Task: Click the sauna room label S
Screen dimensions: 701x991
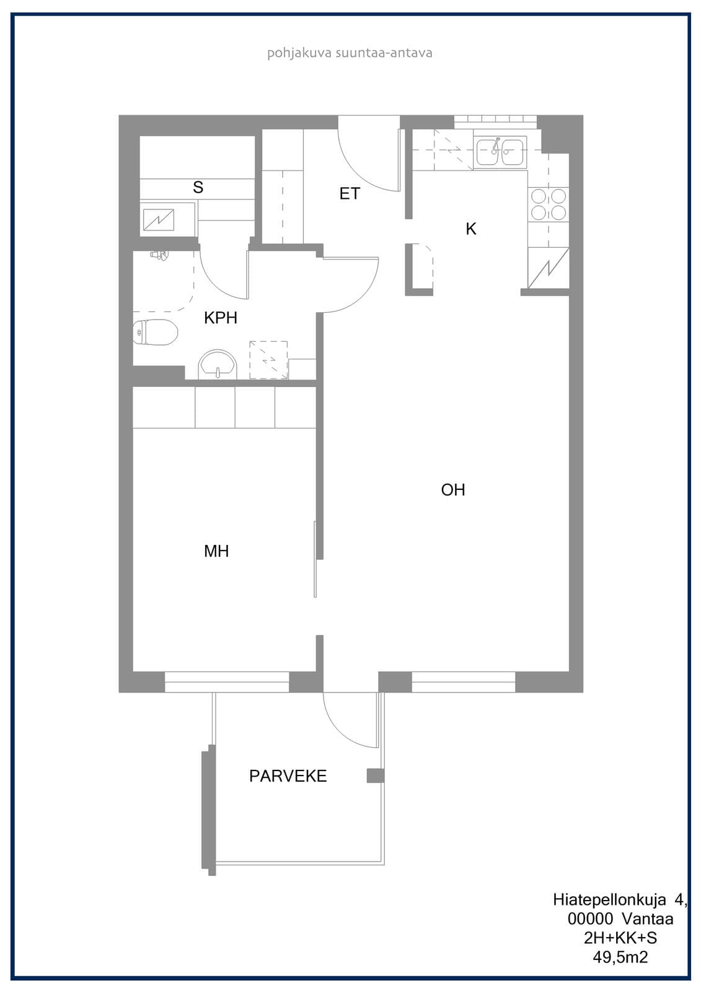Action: [x=198, y=187]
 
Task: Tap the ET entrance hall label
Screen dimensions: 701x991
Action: [x=350, y=193]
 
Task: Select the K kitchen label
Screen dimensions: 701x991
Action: [x=470, y=229]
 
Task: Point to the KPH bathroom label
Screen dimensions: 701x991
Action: [x=221, y=318]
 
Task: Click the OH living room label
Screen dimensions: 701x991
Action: [x=453, y=490]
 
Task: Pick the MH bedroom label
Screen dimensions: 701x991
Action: [x=216, y=551]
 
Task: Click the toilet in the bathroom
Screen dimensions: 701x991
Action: [x=156, y=332]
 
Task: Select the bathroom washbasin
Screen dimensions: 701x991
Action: [x=218, y=365]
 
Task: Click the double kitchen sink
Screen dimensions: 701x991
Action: [x=500, y=152]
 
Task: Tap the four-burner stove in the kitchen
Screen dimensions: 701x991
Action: [x=549, y=204]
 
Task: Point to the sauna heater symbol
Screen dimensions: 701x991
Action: [x=159, y=220]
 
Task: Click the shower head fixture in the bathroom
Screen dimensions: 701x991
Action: [x=159, y=255]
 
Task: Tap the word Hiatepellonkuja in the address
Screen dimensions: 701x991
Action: [x=609, y=899]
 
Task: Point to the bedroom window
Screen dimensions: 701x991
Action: [x=227, y=682]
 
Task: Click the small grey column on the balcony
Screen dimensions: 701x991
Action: [x=375, y=775]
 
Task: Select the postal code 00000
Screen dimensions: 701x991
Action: [x=590, y=919]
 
